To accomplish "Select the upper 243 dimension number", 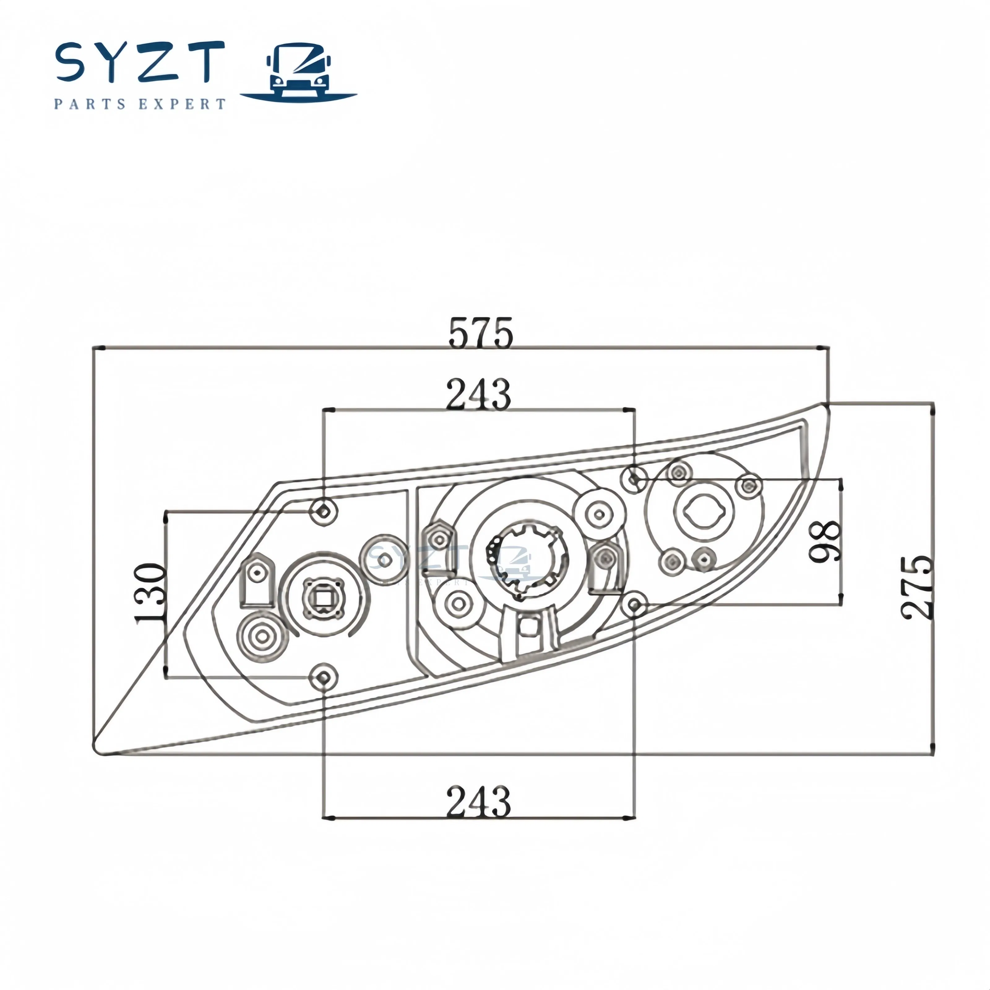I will [x=478, y=394].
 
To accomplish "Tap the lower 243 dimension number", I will [x=478, y=801].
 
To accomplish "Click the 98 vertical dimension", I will [x=825, y=542].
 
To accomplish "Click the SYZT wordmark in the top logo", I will [x=140, y=62].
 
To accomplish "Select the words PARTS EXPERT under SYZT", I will [x=140, y=104].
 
